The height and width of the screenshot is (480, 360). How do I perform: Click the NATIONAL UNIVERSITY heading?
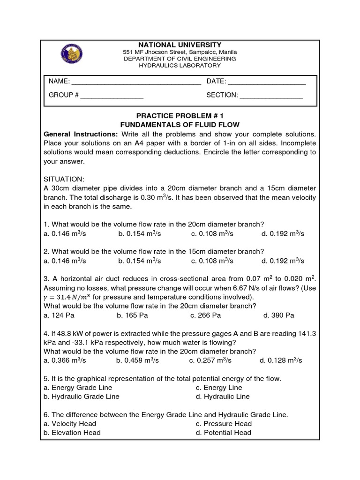[180, 44]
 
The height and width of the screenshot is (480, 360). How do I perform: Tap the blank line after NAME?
[136, 82]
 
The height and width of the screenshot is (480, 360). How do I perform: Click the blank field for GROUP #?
[112, 96]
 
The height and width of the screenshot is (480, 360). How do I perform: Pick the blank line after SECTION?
[271, 96]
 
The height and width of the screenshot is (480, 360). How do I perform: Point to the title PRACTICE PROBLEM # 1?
[180, 116]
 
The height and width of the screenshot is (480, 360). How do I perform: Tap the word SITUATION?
[64, 179]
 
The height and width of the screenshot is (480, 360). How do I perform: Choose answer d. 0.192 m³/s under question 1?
[283, 234]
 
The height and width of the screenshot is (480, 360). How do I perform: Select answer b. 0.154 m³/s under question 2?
[140, 260]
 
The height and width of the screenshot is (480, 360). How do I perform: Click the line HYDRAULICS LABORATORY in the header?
[180, 66]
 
